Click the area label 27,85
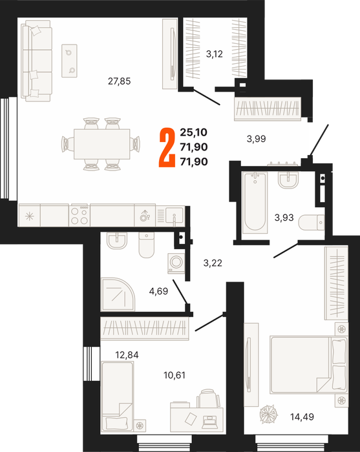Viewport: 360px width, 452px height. (x=119, y=81)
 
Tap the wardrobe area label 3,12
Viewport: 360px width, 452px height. (x=215, y=54)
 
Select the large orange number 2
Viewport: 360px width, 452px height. (x=167, y=148)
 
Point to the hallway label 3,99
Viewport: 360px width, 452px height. (x=256, y=139)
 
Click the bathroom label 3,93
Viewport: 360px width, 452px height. (x=284, y=218)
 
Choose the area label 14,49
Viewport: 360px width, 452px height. (x=302, y=417)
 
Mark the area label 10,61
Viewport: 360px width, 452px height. (x=175, y=375)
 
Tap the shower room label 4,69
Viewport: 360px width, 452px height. (x=158, y=291)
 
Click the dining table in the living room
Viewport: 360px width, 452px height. (x=101, y=144)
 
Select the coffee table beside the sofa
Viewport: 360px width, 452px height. (x=69, y=61)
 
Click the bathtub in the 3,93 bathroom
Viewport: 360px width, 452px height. (x=255, y=202)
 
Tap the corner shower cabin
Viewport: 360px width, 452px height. (x=118, y=294)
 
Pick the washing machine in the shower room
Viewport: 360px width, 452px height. (x=176, y=263)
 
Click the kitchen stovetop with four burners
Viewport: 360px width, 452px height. (x=79, y=215)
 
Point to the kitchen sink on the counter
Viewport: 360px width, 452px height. (x=174, y=215)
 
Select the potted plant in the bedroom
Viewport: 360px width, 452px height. (x=269, y=415)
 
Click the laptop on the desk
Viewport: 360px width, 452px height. (x=212, y=422)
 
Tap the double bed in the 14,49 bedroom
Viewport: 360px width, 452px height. (x=308, y=365)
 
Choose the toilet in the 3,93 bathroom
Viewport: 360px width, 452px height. (x=312, y=223)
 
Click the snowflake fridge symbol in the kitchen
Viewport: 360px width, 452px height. (x=30, y=216)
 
